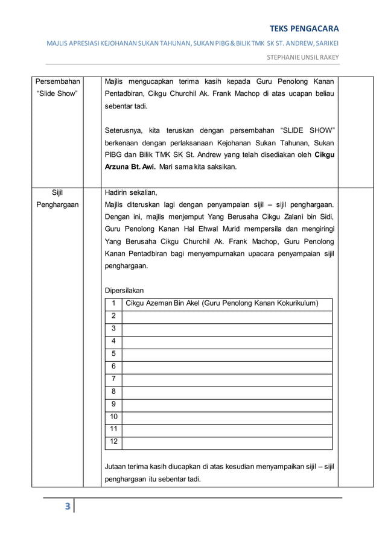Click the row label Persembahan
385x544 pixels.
(58, 81)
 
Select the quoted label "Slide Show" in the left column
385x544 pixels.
(57, 93)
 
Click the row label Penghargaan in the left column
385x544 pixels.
(57, 205)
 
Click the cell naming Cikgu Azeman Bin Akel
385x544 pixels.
(221, 303)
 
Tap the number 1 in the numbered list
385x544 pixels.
(113, 303)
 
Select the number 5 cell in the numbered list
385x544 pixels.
(113, 353)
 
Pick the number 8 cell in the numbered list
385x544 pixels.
(113, 391)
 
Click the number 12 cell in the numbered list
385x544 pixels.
(113, 442)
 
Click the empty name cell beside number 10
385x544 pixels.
(227, 417)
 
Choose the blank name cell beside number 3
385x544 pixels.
(227, 328)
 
